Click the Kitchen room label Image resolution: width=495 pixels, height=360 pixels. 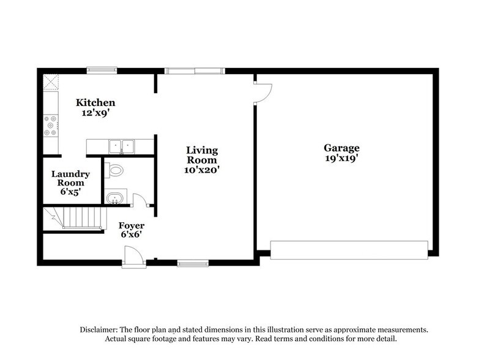tap(95, 103)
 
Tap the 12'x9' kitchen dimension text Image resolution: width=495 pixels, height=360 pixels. tap(95, 113)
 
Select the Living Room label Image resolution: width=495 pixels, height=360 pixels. tap(202, 155)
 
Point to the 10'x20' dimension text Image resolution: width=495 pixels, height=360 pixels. tap(202, 170)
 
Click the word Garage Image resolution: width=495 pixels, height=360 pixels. tap(341, 148)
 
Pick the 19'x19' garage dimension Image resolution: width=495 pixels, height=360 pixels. tap(341, 158)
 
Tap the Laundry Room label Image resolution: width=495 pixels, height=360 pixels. tap(70, 178)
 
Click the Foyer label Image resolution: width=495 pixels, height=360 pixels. tap(132, 226)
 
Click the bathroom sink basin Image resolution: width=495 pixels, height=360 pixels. tap(114, 197)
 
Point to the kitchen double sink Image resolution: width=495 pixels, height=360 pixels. tap(122, 146)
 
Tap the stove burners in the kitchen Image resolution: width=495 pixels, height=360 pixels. tap(50, 126)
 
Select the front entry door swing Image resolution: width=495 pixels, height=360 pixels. tap(133, 255)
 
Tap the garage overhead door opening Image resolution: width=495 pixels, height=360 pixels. tap(349, 250)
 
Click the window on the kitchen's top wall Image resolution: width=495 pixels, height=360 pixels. tap(102, 70)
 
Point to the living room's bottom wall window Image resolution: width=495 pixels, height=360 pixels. tap(193, 263)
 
